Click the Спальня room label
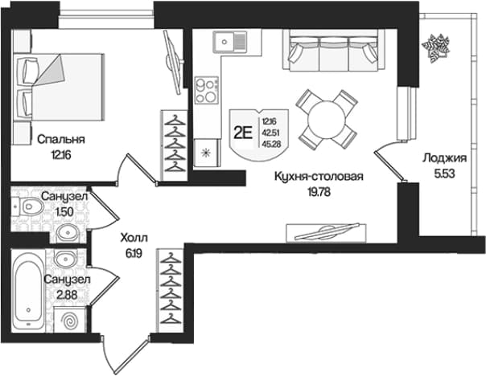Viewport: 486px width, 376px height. [x=61, y=140]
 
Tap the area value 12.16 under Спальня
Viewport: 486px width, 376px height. [x=61, y=155]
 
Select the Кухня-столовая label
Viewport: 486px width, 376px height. [x=319, y=177]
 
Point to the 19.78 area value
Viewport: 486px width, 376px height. [x=319, y=192]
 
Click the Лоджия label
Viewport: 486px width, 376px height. [x=445, y=158]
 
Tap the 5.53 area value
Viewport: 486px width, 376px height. [x=445, y=174]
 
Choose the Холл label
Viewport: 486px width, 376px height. [x=134, y=238]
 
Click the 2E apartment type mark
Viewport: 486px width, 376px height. [x=243, y=133]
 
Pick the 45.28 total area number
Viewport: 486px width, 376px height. [x=269, y=144]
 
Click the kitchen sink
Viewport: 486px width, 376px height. [x=229, y=41]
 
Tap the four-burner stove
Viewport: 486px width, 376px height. [x=207, y=90]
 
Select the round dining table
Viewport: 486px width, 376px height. [x=327, y=120]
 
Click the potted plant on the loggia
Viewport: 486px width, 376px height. [x=435, y=47]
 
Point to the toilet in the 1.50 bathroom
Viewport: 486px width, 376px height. [x=29, y=206]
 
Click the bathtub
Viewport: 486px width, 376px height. [x=28, y=291]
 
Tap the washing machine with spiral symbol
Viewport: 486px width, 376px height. [x=70, y=320]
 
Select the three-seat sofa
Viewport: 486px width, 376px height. [x=333, y=50]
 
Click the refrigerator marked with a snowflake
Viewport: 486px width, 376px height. [x=207, y=153]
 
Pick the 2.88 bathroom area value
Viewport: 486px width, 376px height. [x=67, y=295]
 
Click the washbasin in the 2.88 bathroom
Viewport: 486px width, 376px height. [x=66, y=257]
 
